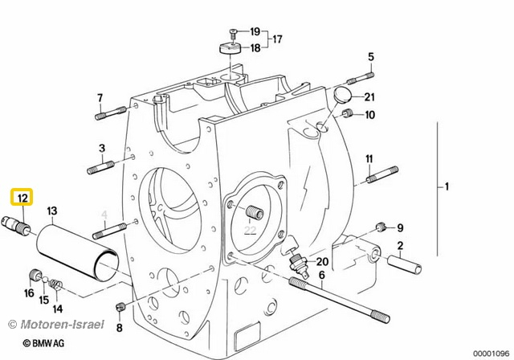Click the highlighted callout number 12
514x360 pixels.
tap(22, 198)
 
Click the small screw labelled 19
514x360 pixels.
tap(233, 34)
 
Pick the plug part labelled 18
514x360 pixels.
tap(230, 48)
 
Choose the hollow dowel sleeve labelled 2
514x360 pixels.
tap(405, 264)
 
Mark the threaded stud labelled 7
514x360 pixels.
tap(110, 112)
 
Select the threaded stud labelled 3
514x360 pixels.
tap(100, 167)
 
